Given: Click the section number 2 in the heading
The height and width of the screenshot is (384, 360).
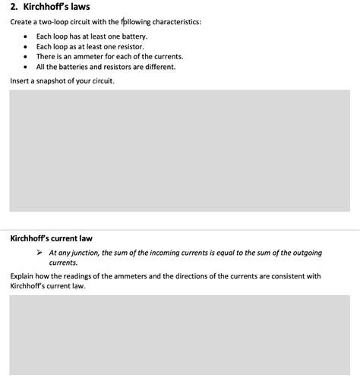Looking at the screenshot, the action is pyautogui.click(x=13, y=7).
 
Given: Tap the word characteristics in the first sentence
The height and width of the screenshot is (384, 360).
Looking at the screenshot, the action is pyautogui.click(x=176, y=22).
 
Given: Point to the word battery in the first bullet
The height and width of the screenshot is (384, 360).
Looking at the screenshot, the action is pyautogui.click(x=134, y=36).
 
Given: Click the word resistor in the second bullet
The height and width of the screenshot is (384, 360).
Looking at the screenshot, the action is pyautogui.click(x=133, y=46).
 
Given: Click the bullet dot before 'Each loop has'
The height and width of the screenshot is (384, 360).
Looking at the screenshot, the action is pyautogui.click(x=27, y=36).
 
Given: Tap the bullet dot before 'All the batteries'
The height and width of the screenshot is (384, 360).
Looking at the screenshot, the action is pyautogui.click(x=27, y=66).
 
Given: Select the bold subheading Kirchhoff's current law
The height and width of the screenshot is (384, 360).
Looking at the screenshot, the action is pyautogui.click(x=51, y=238).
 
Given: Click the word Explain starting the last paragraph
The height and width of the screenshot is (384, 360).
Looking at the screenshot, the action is pyautogui.click(x=24, y=276).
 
